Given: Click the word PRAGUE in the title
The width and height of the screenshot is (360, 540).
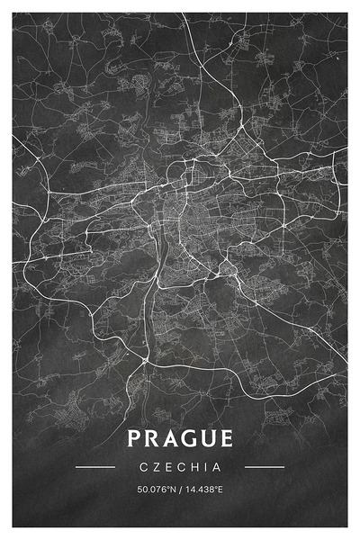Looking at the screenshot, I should (180, 439).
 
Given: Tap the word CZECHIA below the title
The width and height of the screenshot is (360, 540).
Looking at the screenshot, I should (180, 467).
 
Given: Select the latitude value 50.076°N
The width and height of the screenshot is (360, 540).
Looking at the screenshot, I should (155, 490).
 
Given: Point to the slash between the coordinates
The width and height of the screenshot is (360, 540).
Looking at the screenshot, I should (180, 490).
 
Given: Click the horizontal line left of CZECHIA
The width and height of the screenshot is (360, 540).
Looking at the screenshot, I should (95, 467).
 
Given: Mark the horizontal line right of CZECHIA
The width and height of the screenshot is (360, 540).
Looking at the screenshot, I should (265, 467).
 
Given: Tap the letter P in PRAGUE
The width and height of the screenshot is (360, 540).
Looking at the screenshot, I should (134, 439).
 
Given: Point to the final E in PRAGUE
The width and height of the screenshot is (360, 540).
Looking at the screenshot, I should (225, 439).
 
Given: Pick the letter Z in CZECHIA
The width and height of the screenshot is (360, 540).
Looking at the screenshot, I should (156, 467).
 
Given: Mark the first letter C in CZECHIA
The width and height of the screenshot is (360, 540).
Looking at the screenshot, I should (143, 467).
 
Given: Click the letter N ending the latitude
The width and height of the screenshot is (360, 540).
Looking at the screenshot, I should (172, 490).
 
